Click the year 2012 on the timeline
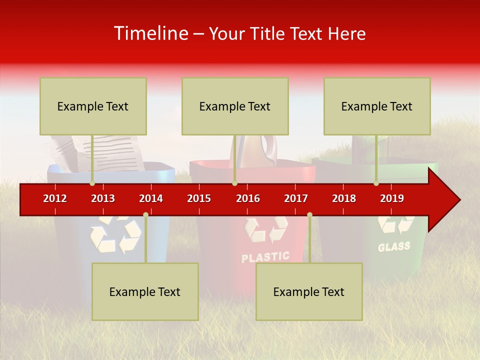(x=55, y=198)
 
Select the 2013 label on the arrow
(x=103, y=198)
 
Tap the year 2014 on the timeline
(x=151, y=198)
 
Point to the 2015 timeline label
(x=199, y=198)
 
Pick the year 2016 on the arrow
(x=248, y=198)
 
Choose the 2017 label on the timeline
(x=296, y=198)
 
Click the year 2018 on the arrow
(x=344, y=198)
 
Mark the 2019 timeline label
(x=392, y=198)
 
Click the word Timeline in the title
(x=150, y=33)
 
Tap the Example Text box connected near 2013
(x=93, y=106)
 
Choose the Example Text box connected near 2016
(x=235, y=106)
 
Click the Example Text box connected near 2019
(x=377, y=106)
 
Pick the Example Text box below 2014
(x=145, y=291)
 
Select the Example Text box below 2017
(x=309, y=291)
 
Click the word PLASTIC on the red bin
(x=265, y=257)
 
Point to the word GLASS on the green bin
(x=394, y=246)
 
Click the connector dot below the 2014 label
(x=145, y=215)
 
